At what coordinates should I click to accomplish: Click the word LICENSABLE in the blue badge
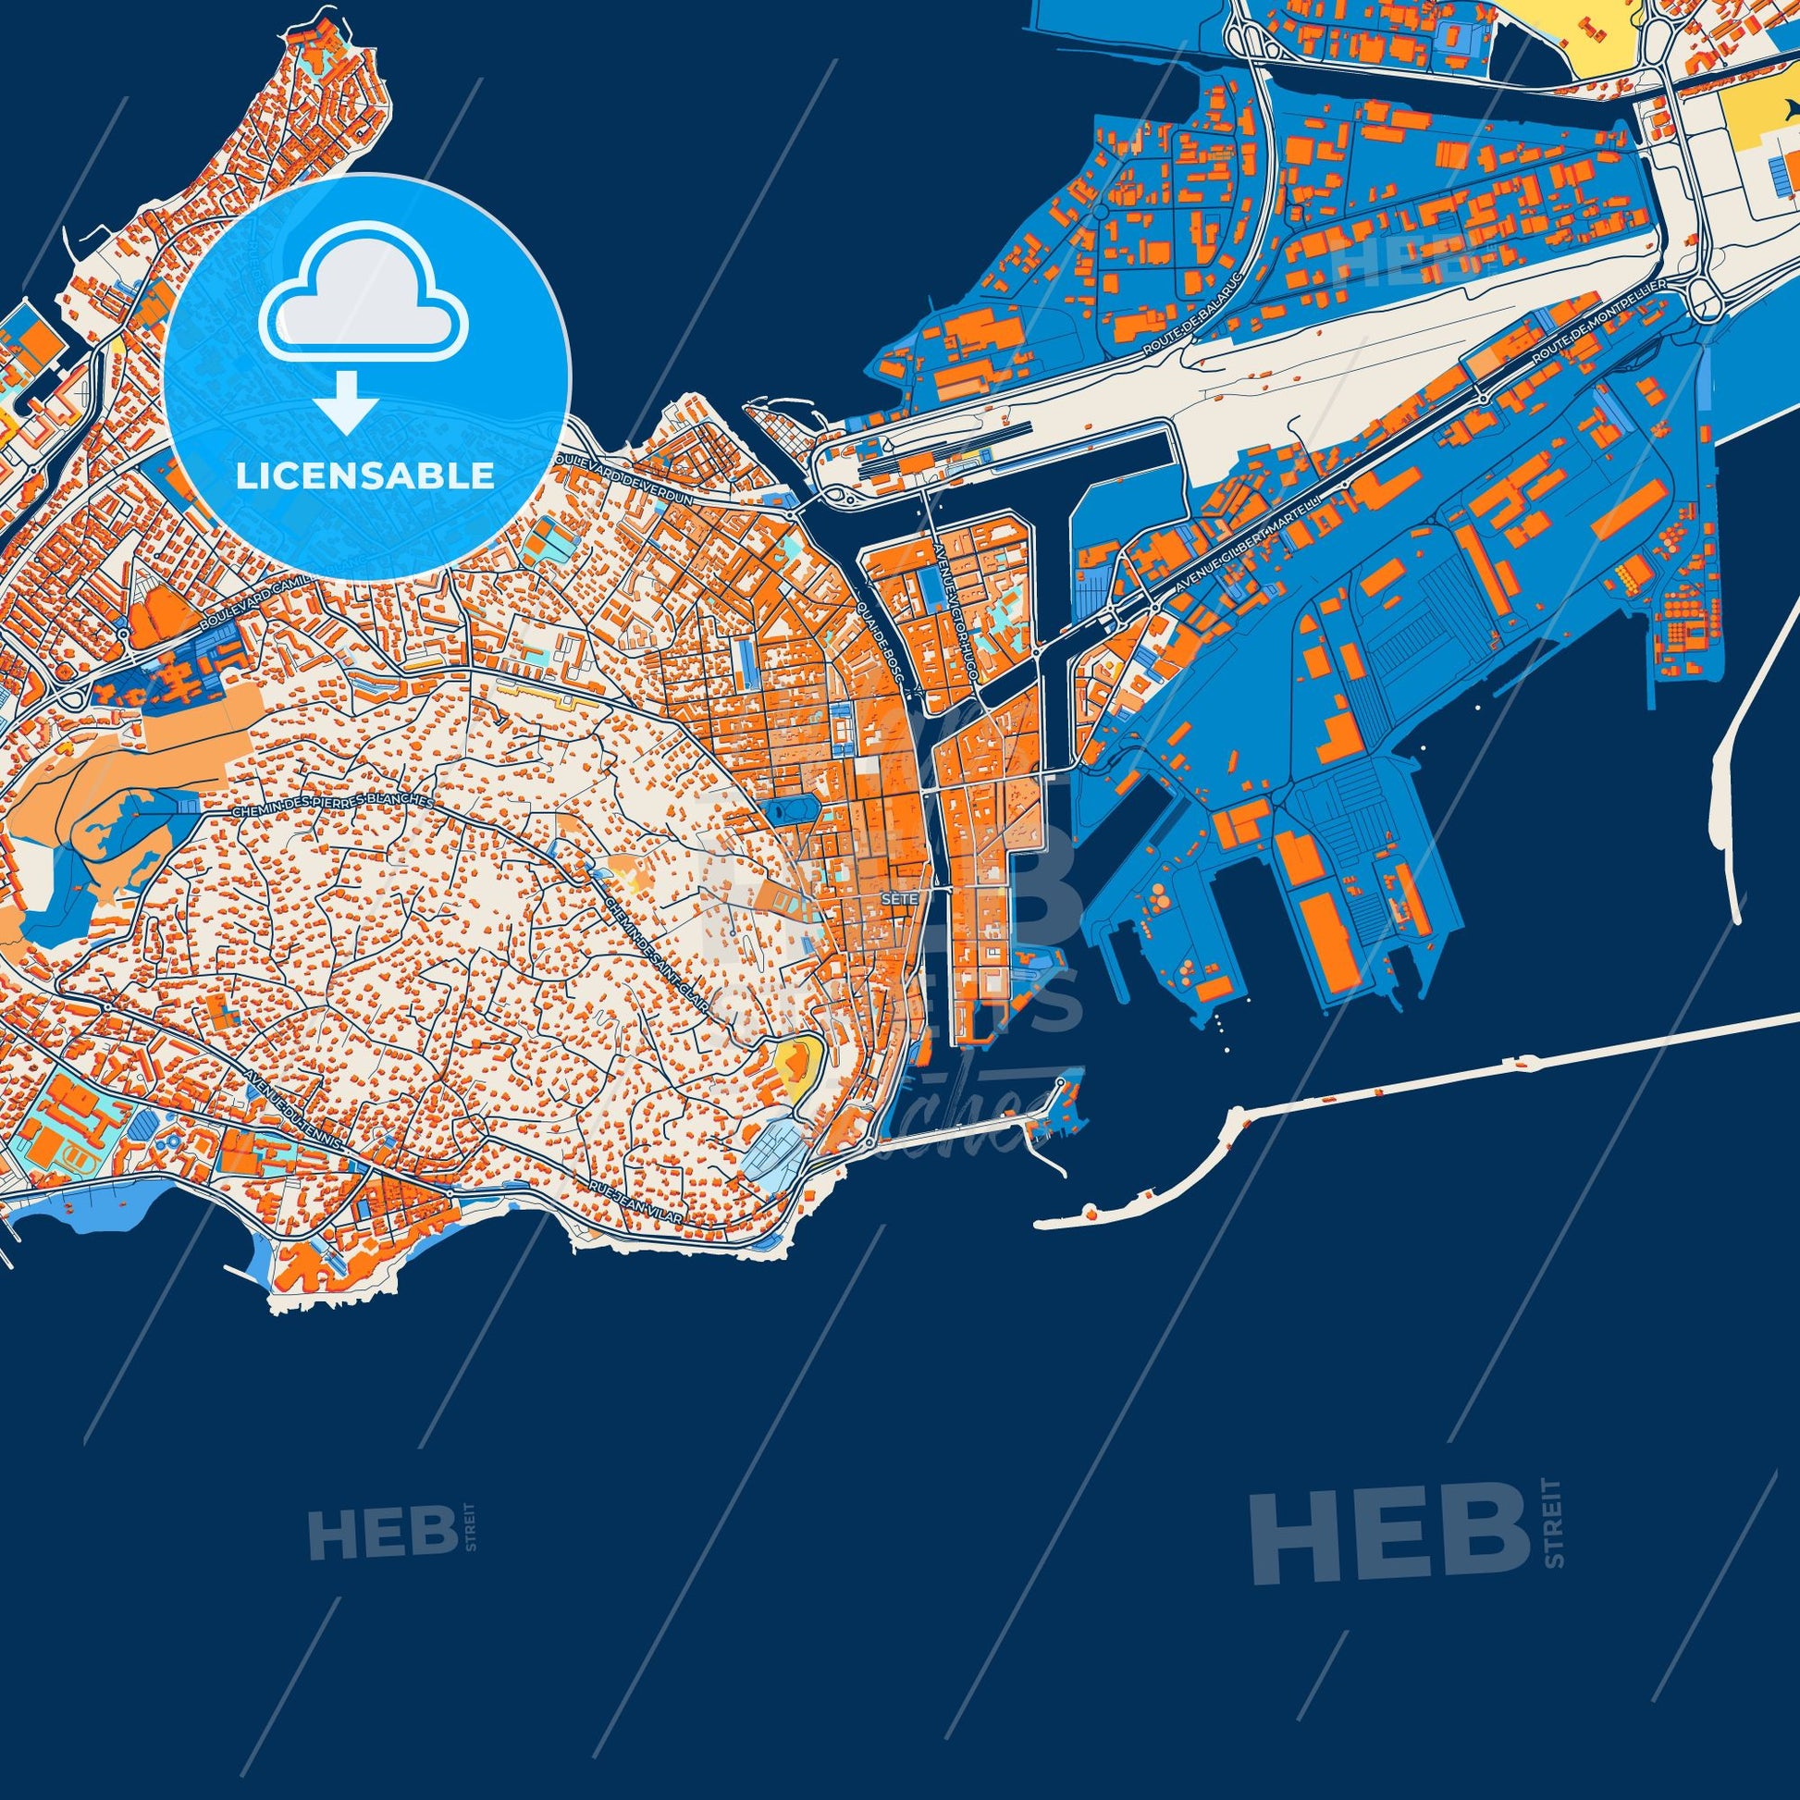tap(364, 476)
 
